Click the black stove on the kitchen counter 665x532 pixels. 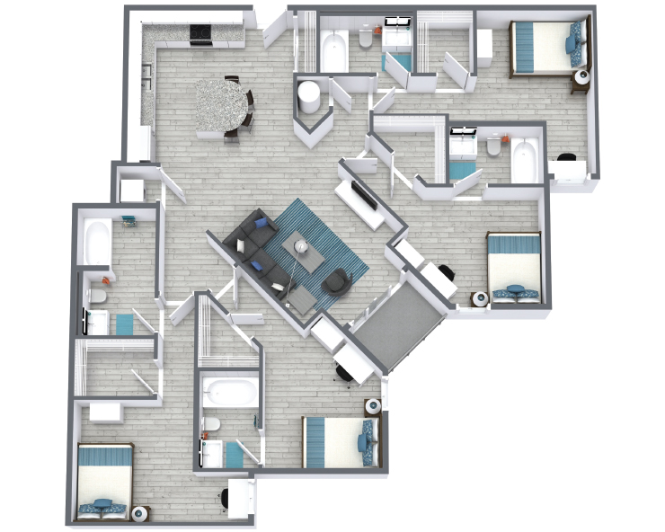pos(199,34)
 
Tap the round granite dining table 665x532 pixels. pos(221,104)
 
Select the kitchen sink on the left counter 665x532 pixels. pos(146,71)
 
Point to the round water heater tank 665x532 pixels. pos(311,93)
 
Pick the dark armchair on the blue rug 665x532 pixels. pos(336,281)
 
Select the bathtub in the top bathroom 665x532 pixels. pos(334,50)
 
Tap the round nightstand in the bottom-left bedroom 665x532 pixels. pos(141,514)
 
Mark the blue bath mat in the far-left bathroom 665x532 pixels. pos(122,323)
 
